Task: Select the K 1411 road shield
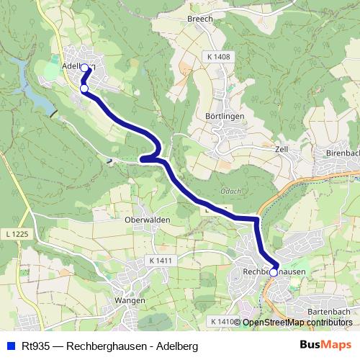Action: tap(162, 259)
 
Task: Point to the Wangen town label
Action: tap(130, 300)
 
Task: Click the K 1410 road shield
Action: tap(223, 320)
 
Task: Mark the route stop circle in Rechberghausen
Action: tap(273, 272)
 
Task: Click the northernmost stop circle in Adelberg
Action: tap(84, 68)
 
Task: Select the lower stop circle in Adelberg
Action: tap(84, 89)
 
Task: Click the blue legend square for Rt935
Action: tap(11, 346)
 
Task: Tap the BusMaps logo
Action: tap(325, 346)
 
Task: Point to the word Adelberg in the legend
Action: tap(176, 346)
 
